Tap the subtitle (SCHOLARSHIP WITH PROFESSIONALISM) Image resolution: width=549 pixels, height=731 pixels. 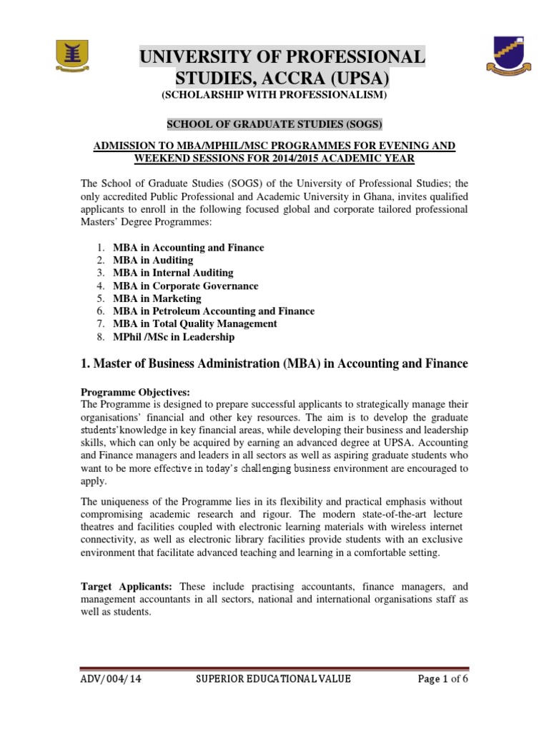(274, 95)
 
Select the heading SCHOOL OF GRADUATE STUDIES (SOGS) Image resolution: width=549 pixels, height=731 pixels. (274, 124)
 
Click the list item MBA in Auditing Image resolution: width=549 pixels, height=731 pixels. (153, 261)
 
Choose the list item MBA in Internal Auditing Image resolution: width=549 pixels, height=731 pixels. (173, 273)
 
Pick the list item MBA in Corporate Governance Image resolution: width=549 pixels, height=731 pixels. (186, 286)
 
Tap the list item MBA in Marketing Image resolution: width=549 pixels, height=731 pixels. (157, 298)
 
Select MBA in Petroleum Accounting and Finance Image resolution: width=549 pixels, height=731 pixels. (214, 311)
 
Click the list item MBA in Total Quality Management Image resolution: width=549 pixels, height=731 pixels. (195, 324)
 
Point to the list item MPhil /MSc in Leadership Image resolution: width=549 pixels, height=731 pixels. (174, 337)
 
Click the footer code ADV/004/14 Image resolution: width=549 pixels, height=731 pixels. (111, 679)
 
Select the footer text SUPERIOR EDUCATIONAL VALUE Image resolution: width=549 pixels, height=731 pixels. (274, 679)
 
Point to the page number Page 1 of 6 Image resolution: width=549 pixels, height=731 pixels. (442, 679)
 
